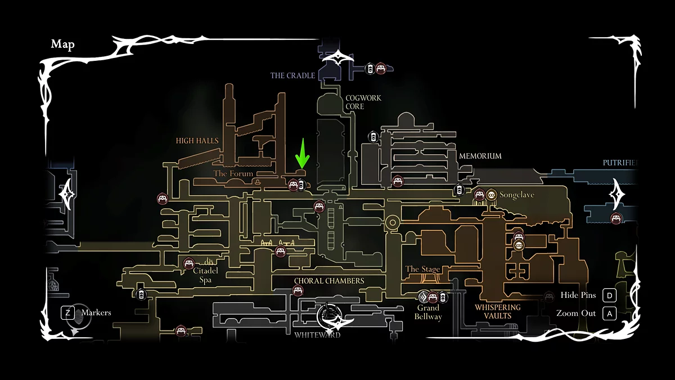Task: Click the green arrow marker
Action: click(x=303, y=154)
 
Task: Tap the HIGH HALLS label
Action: click(x=197, y=141)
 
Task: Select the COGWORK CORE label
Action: click(x=363, y=102)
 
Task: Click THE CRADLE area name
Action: click(x=292, y=75)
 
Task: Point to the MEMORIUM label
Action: click(x=480, y=156)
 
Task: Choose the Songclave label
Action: click(x=516, y=195)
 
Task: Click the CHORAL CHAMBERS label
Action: click(x=328, y=281)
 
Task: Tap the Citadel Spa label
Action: click(x=205, y=275)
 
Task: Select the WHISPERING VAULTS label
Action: click(x=497, y=311)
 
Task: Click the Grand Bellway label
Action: click(x=428, y=312)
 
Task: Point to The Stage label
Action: click(x=422, y=269)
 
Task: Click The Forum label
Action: click(x=233, y=173)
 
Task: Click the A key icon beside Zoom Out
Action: click(x=609, y=314)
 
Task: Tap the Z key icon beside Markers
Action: click(x=68, y=312)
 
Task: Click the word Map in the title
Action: click(x=62, y=44)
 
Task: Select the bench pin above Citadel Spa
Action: click(x=189, y=262)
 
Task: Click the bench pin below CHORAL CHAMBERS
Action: click(x=298, y=291)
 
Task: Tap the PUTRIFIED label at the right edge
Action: click(x=620, y=163)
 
